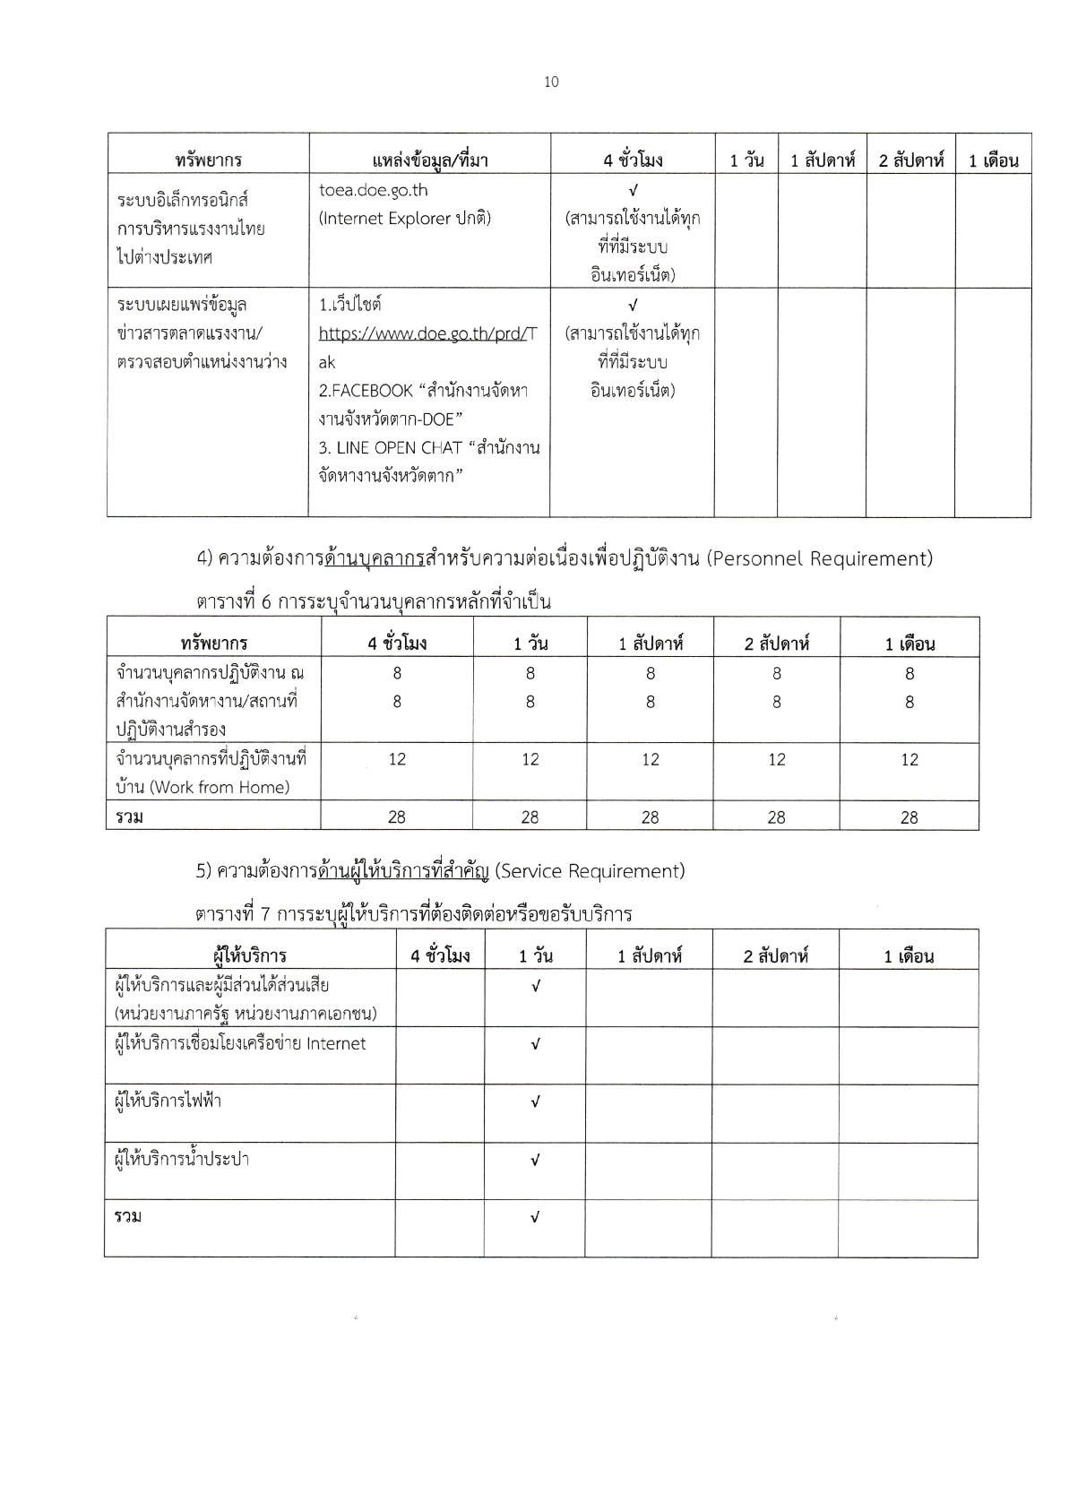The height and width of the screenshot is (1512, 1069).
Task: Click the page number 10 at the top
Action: [551, 82]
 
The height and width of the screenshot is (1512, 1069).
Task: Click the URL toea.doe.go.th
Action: [373, 190]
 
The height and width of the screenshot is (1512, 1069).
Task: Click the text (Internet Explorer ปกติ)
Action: [404, 218]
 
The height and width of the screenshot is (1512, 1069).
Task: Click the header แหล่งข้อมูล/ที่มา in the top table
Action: [429, 160]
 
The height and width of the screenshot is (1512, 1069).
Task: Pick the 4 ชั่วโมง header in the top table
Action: [633, 160]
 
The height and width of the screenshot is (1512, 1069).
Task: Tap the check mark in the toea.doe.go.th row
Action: [633, 190]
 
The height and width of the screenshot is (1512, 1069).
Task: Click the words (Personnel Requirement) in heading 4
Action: [819, 558]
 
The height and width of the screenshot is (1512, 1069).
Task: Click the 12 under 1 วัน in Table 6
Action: [530, 759]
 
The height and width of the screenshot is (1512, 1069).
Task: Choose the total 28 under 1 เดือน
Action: [909, 816]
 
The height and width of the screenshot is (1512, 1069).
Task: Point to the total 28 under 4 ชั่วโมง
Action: [397, 816]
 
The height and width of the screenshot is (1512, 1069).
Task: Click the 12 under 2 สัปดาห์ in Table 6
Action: [776, 759]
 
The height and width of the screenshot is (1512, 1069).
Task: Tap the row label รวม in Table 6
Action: [129, 816]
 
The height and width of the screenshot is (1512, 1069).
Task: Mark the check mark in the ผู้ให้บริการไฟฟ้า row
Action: [535, 1102]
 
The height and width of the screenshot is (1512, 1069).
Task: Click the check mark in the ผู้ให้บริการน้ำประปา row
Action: [535, 1161]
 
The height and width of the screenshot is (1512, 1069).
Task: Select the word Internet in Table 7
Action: [336, 1043]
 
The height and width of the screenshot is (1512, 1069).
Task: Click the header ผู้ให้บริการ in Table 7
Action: [250, 955]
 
